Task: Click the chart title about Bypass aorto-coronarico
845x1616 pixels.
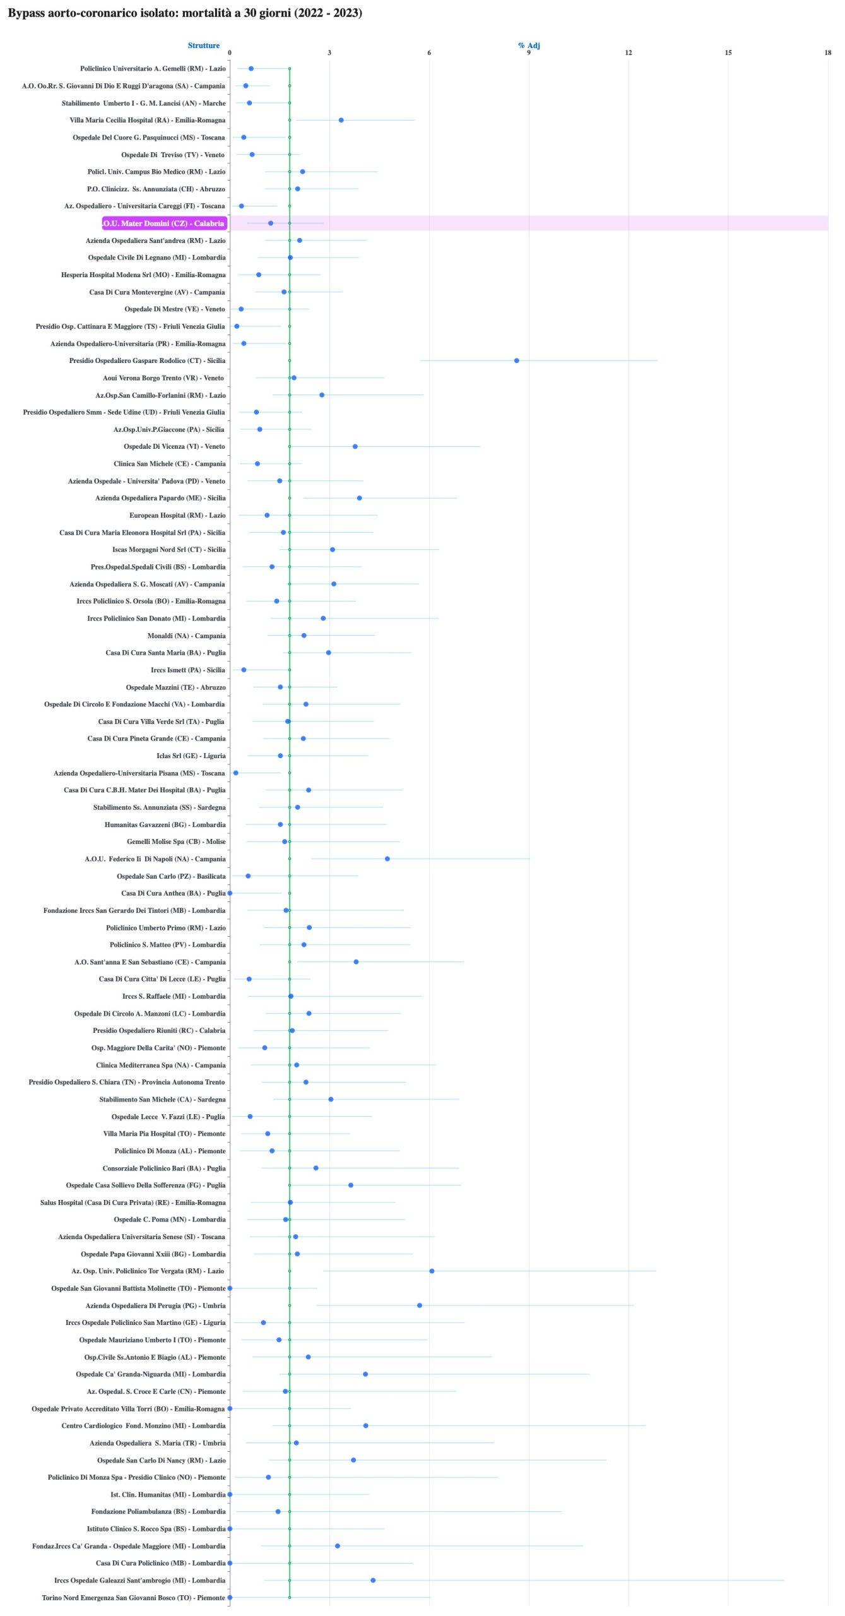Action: tap(185, 13)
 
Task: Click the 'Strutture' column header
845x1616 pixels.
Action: tap(203, 45)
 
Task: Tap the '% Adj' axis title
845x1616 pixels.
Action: tap(529, 45)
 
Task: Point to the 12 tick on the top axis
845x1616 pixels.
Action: tap(629, 53)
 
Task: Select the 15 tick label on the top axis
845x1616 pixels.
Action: tap(728, 53)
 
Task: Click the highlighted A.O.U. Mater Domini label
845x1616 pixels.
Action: tap(164, 223)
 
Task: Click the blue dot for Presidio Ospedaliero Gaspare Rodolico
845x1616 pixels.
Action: tap(516, 360)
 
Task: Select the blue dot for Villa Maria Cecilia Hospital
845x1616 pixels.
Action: tap(341, 120)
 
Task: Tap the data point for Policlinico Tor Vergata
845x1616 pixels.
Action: tap(432, 1271)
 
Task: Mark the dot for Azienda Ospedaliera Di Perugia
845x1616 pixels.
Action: tap(420, 1305)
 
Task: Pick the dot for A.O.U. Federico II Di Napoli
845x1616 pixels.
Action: tap(387, 858)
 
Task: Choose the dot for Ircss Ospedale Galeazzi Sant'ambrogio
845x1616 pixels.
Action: tap(373, 1580)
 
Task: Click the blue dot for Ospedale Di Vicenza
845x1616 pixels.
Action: tap(355, 446)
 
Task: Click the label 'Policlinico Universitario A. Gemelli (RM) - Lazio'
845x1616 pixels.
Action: tap(153, 69)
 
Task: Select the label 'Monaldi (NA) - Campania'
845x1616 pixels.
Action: tap(186, 636)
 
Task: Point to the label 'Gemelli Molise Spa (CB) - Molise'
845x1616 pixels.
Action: tap(176, 841)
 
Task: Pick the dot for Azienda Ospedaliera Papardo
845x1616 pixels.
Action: tap(359, 498)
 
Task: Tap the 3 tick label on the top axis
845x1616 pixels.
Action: tap(329, 53)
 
